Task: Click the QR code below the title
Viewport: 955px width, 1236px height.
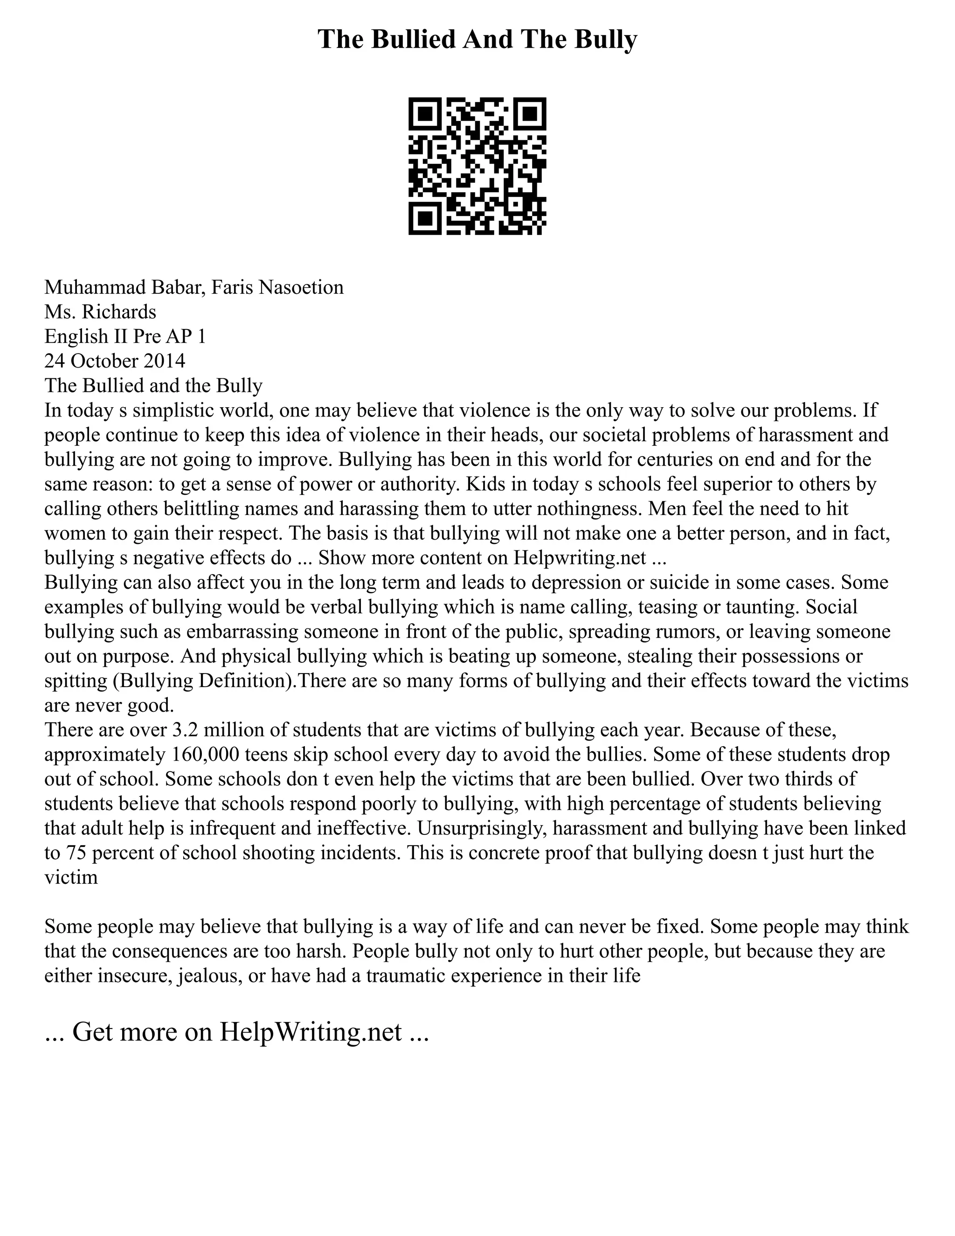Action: (x=477, y=166)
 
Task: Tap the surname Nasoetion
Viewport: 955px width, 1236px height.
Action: (x=302, y=287)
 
